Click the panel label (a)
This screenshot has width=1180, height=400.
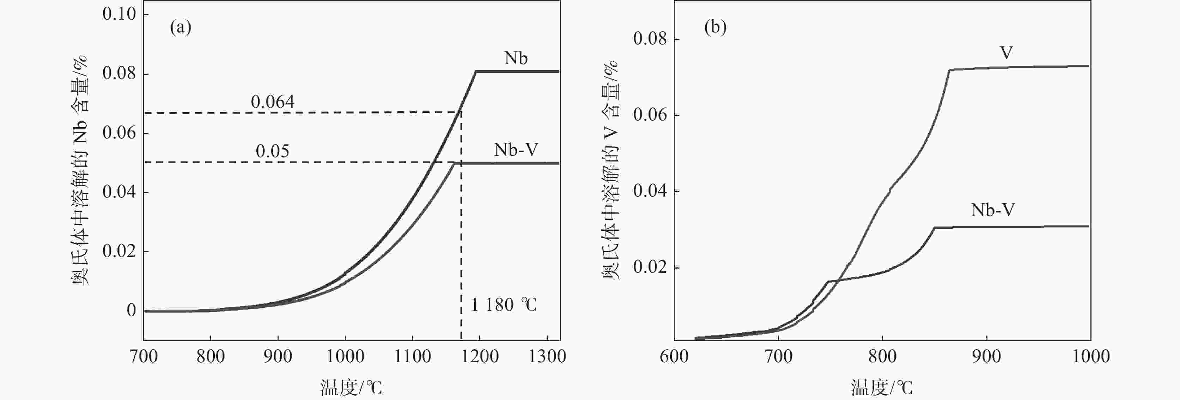pyautogui.click(x=181, y=28)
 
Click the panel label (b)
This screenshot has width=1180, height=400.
pyautogui.click(x=715, y=28)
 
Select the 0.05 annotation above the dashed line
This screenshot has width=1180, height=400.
pyautogui.click(x=273, y=152)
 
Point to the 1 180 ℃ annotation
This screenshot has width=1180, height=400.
pyautogui.click(x=504, y=305)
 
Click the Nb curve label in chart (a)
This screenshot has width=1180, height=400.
pyautogui.click(x=516, y=59)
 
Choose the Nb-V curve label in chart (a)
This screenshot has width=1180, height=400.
pyautogui.click(x=516, y=150)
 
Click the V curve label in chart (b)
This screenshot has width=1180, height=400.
pyautogui.click(x=1006, y=54)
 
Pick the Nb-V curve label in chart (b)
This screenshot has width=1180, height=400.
pyautogui.click(x=993, y=210)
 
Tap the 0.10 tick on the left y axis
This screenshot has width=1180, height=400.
pyautogui.click(x=119, y=14)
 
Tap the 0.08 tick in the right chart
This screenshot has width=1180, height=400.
pyautogui.click(x=650, y=39)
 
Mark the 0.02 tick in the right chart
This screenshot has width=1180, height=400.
pyautogui.click(x=650, y=267)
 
